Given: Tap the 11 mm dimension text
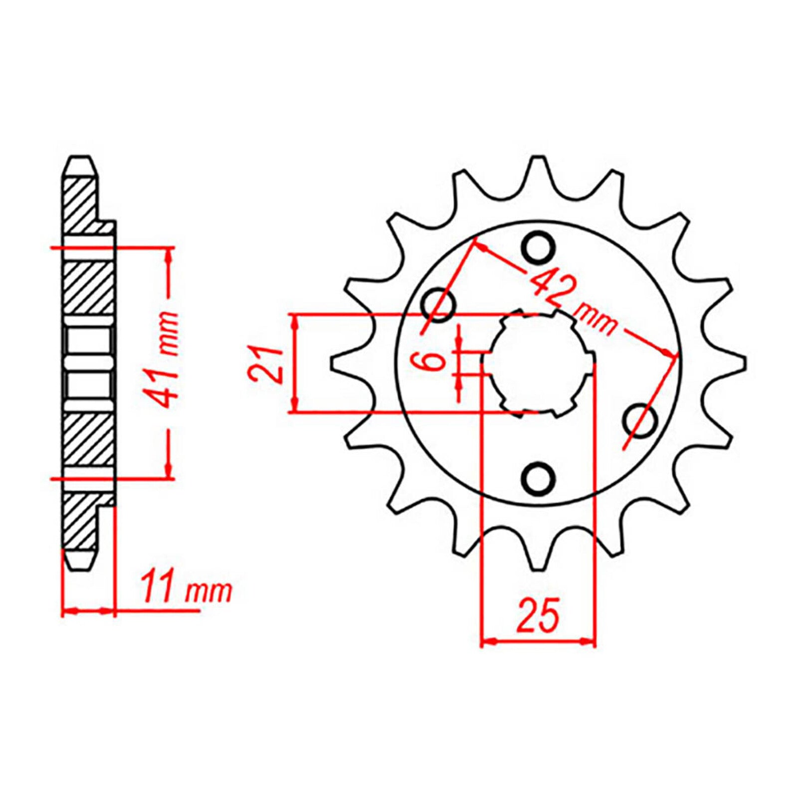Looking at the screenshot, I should click(186, 592).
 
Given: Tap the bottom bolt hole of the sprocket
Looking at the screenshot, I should click(538, 479).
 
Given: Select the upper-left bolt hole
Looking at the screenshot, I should click(438, 304).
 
